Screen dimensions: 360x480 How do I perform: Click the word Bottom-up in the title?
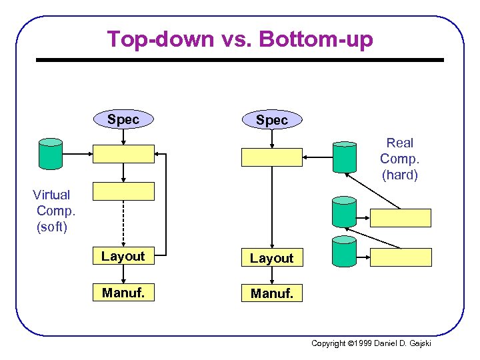(x=316, y=39)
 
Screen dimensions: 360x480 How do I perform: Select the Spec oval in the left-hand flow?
(x=123, y=119)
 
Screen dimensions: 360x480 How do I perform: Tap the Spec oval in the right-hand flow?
(x=271, y=120)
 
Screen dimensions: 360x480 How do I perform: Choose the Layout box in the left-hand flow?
(x=123, y=257)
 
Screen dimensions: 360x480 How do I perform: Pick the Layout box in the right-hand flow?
(x=271, y=258)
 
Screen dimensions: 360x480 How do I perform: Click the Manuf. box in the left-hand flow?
(x=123, y=292)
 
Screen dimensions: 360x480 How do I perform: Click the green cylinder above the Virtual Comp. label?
(x=51, y=154)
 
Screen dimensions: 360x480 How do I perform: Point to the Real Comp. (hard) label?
(x=399, y=159)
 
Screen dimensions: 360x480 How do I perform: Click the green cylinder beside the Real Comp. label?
(x=345, y=158)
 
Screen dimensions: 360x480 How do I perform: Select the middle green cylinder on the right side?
(x=344, y=212)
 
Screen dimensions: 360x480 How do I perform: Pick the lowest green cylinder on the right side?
(x=344, y=251)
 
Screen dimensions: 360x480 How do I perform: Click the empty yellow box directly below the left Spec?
(x=123, y=154)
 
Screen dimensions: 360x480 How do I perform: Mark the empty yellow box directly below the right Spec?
(x=271, y=157)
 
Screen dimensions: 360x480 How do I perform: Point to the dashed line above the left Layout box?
(x=123, y=223)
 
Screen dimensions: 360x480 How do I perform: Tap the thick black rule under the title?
(x=239, y=60)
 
